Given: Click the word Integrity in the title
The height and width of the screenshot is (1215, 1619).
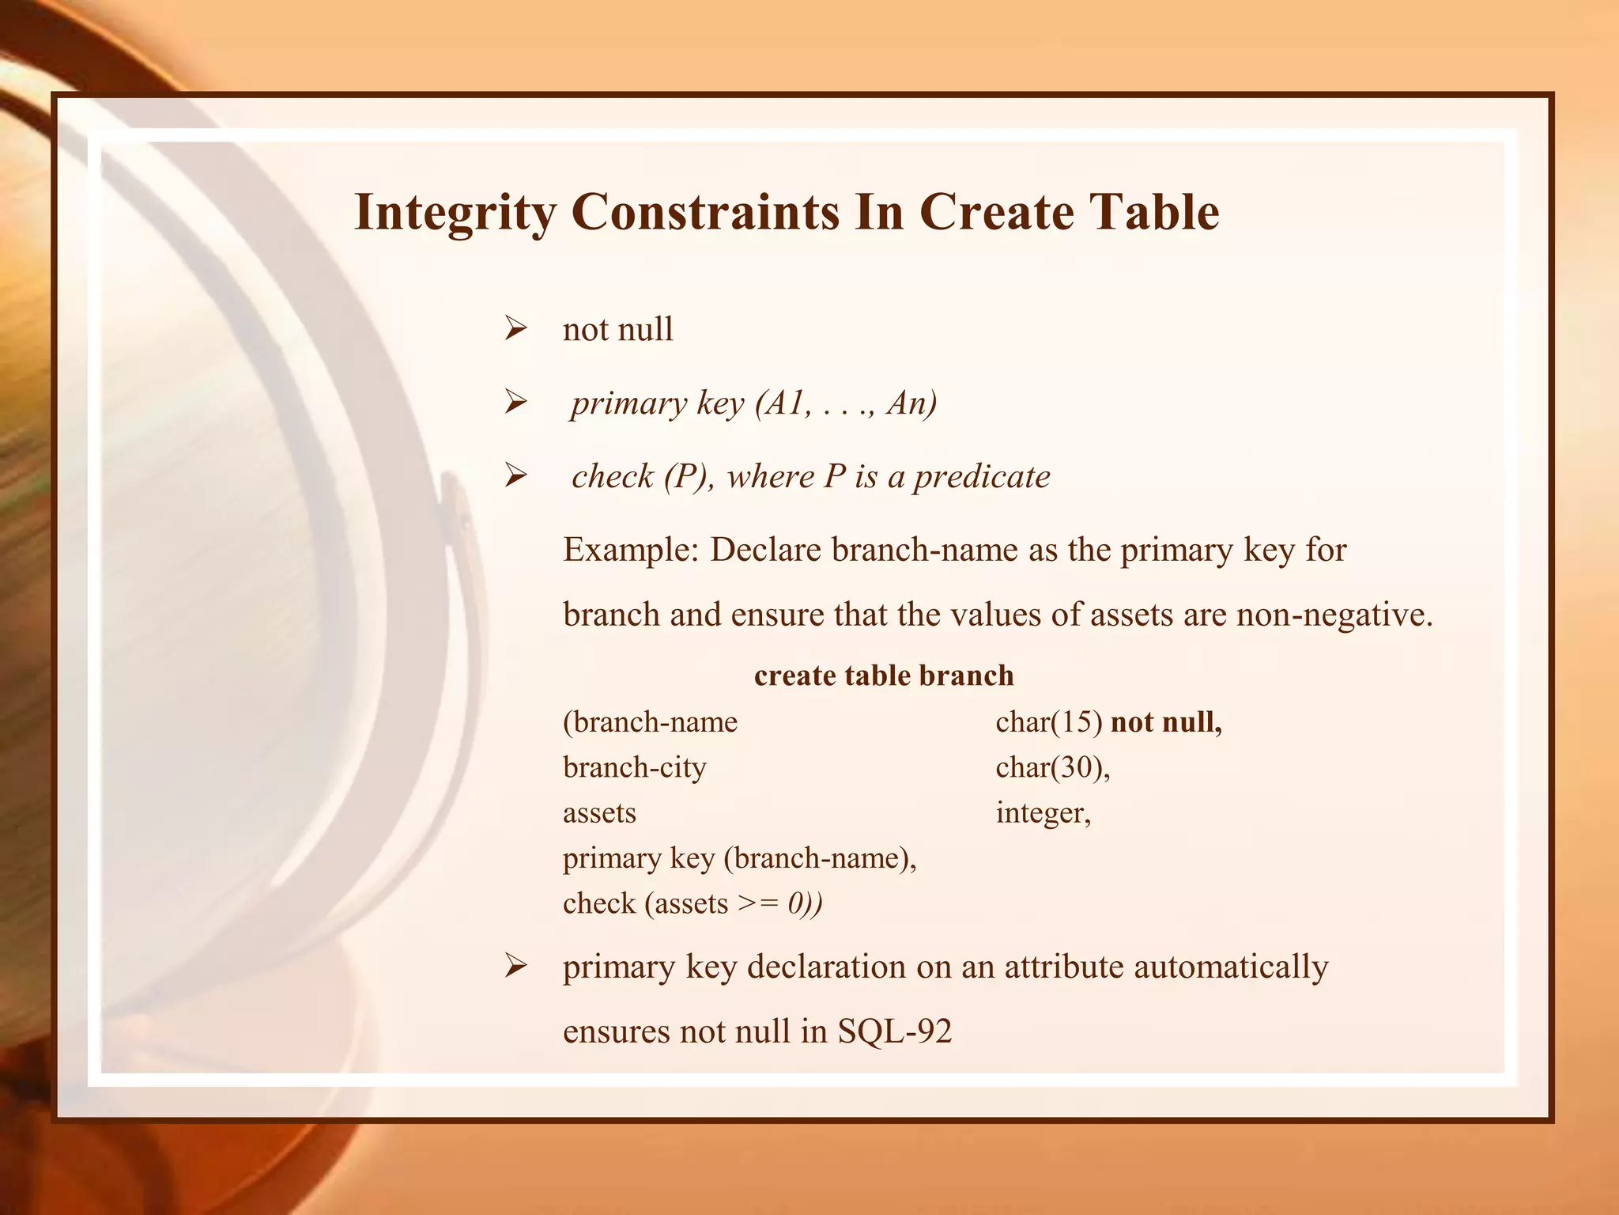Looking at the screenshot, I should pos(455,212).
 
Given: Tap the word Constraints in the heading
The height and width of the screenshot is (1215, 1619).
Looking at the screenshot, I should pos(705,212).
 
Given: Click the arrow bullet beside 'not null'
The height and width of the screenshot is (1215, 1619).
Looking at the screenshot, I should pos(515,329).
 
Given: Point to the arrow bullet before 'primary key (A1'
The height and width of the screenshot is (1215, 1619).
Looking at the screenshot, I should pos(515,403).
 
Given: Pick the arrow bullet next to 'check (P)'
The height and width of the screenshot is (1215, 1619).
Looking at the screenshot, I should pos(515,476).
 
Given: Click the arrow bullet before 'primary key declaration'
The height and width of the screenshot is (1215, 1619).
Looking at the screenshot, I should pos(515,967).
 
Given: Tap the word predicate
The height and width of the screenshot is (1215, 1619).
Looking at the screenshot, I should pos(982,476).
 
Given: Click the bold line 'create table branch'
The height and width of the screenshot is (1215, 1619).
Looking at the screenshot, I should pos(884,676).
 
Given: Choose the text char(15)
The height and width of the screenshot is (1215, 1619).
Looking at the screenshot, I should pos(1048,721).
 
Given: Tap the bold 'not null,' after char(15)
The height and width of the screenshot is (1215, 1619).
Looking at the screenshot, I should pos(1167,721).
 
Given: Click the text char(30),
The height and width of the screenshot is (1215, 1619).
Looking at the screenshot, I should pos(1053,767).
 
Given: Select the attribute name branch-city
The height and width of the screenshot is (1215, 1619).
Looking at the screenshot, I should pos(634,767).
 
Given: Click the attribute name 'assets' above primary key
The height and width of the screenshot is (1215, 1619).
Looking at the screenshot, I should pos(599,812).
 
